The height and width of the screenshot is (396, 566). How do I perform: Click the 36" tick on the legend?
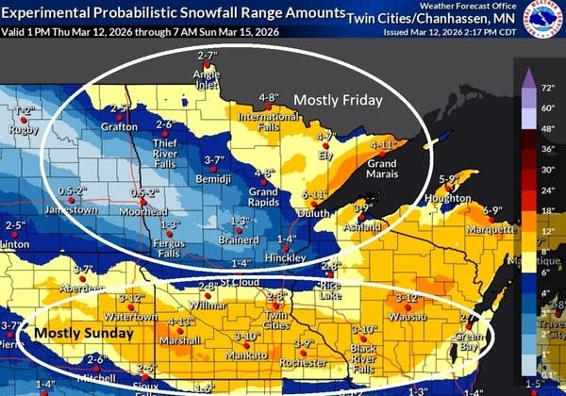545,148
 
